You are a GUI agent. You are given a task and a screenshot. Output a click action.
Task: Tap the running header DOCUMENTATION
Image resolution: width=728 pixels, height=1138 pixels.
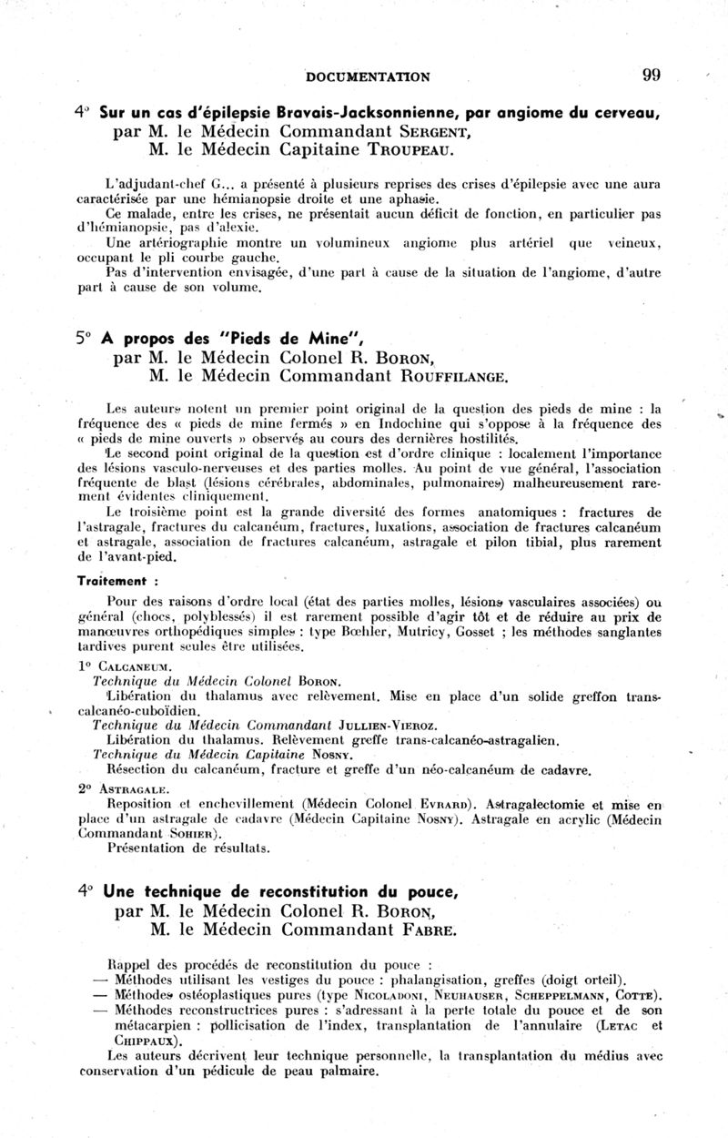coord(369,76)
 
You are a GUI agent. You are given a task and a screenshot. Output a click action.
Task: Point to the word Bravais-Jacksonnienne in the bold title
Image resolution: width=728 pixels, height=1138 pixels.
coord(308,114)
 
